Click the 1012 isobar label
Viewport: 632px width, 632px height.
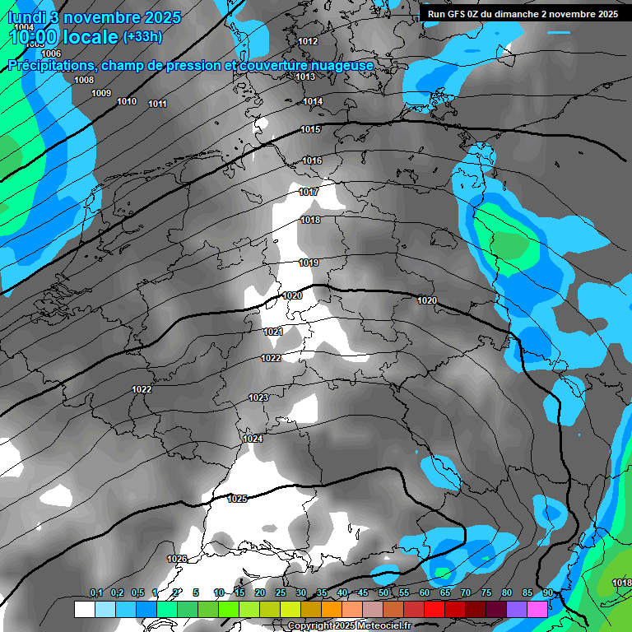[x=308, y=41]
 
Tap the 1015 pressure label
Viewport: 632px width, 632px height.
[x=310, y=130]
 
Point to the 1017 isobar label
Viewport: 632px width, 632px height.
[x=309, y=192]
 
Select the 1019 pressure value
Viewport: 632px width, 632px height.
[x=309, y=263]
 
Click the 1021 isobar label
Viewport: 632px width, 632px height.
[x=273, y=332]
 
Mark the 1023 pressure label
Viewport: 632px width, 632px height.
[x=258, y=397]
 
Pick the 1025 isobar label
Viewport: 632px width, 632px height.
[x=237, y=499]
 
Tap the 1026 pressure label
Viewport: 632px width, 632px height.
[x=177, y=559]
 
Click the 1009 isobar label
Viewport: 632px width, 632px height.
[x=101, y=93]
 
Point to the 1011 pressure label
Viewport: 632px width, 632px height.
[x=157, y=104]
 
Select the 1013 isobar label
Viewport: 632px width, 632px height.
[x=305, y=77]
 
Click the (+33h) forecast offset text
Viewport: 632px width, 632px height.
[x=142, y=36]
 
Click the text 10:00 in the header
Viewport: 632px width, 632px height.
[x=38, y=36]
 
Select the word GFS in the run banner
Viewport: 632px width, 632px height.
[x=462, y=14]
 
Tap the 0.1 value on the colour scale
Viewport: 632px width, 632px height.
[x=96, y=593]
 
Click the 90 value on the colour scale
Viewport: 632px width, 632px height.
[x=547, y=593]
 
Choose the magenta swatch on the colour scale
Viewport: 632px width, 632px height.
[x=537, y=609]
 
